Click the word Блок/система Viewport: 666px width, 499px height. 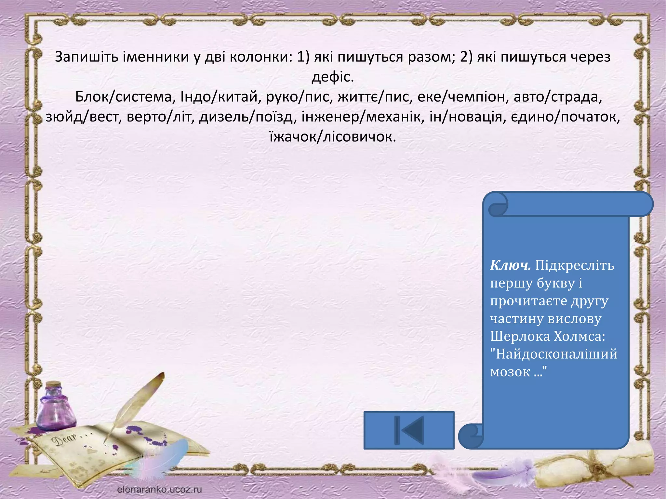[123, 97]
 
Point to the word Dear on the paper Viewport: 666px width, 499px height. [65, 439]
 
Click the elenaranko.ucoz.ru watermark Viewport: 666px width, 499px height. [159, 489]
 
